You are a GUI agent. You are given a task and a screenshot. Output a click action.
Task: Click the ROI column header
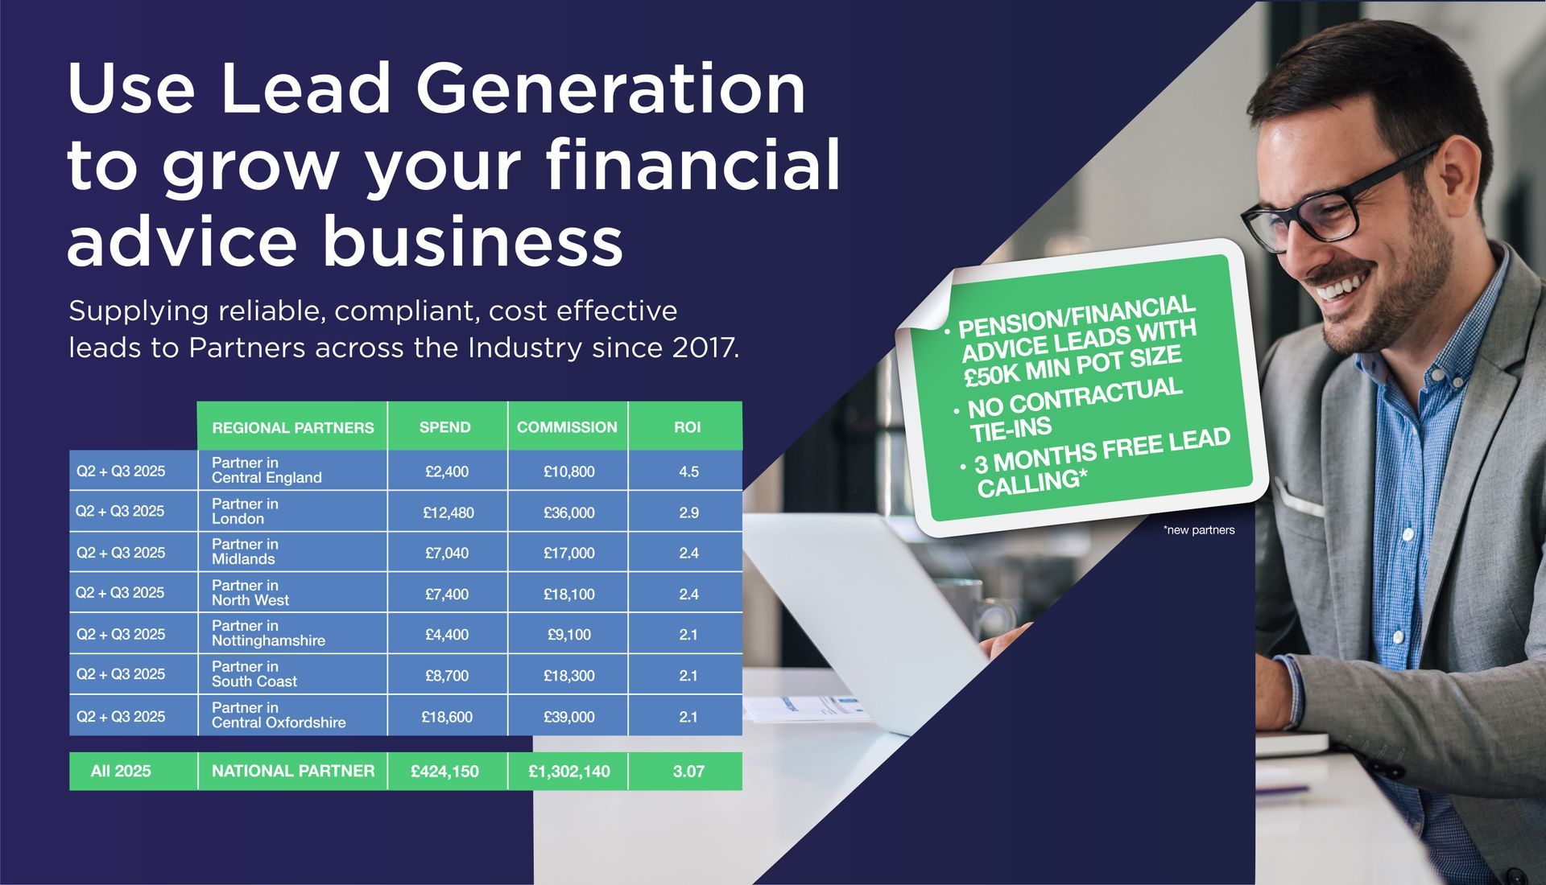coord(687,427)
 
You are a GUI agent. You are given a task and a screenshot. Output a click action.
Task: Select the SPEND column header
coord(444,427)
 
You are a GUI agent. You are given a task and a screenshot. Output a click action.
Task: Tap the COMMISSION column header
coord(567,427)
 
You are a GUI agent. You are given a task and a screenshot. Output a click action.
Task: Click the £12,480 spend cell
coord(449,512)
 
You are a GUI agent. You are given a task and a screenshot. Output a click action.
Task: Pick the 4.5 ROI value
coord(688,471)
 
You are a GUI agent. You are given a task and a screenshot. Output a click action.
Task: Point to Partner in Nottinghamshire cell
coord(268,633)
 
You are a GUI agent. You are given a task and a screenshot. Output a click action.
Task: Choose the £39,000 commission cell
coord(568,717)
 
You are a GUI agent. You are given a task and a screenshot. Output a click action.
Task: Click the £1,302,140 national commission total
coord(568,772)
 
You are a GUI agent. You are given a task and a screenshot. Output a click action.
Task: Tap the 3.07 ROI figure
coord(688,772)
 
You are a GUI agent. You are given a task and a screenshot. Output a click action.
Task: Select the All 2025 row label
coord(121,772)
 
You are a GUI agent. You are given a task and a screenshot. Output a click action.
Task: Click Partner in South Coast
coord(254,674)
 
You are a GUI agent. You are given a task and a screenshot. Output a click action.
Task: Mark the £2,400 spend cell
coord(447,471)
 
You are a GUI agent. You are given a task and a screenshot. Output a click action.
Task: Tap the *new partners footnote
coord(1198,530)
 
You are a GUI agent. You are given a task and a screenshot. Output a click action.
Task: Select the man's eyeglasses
coord(1337,201)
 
